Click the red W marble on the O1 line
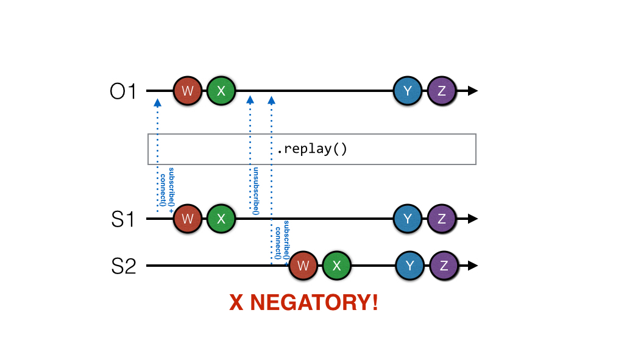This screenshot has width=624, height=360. point(188,91)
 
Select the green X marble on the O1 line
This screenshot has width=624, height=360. point(221,91)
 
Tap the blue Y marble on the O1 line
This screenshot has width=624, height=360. point(408,91)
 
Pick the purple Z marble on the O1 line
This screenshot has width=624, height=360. point(442,91)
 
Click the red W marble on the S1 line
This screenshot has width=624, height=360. point(188,219)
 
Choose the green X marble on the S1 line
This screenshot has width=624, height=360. point(221,219)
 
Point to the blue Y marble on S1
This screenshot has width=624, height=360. point(408,219)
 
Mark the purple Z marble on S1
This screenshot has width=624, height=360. point(442,219)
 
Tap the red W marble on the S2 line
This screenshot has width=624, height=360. point(304,266)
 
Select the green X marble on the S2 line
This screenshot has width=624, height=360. point(338,266)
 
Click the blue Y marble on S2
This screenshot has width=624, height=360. point(410,266)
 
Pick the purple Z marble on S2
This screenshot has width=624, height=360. point(444,266)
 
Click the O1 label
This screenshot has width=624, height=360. point(124,92)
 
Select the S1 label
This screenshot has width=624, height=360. point(123,219)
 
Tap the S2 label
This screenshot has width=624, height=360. point(124,266)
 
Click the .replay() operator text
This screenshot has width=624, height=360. point(311,149)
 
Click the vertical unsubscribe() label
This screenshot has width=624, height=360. point(257,191)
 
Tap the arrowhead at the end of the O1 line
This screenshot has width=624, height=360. point(472,91)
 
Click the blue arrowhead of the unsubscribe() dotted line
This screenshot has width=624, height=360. point(250,99)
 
